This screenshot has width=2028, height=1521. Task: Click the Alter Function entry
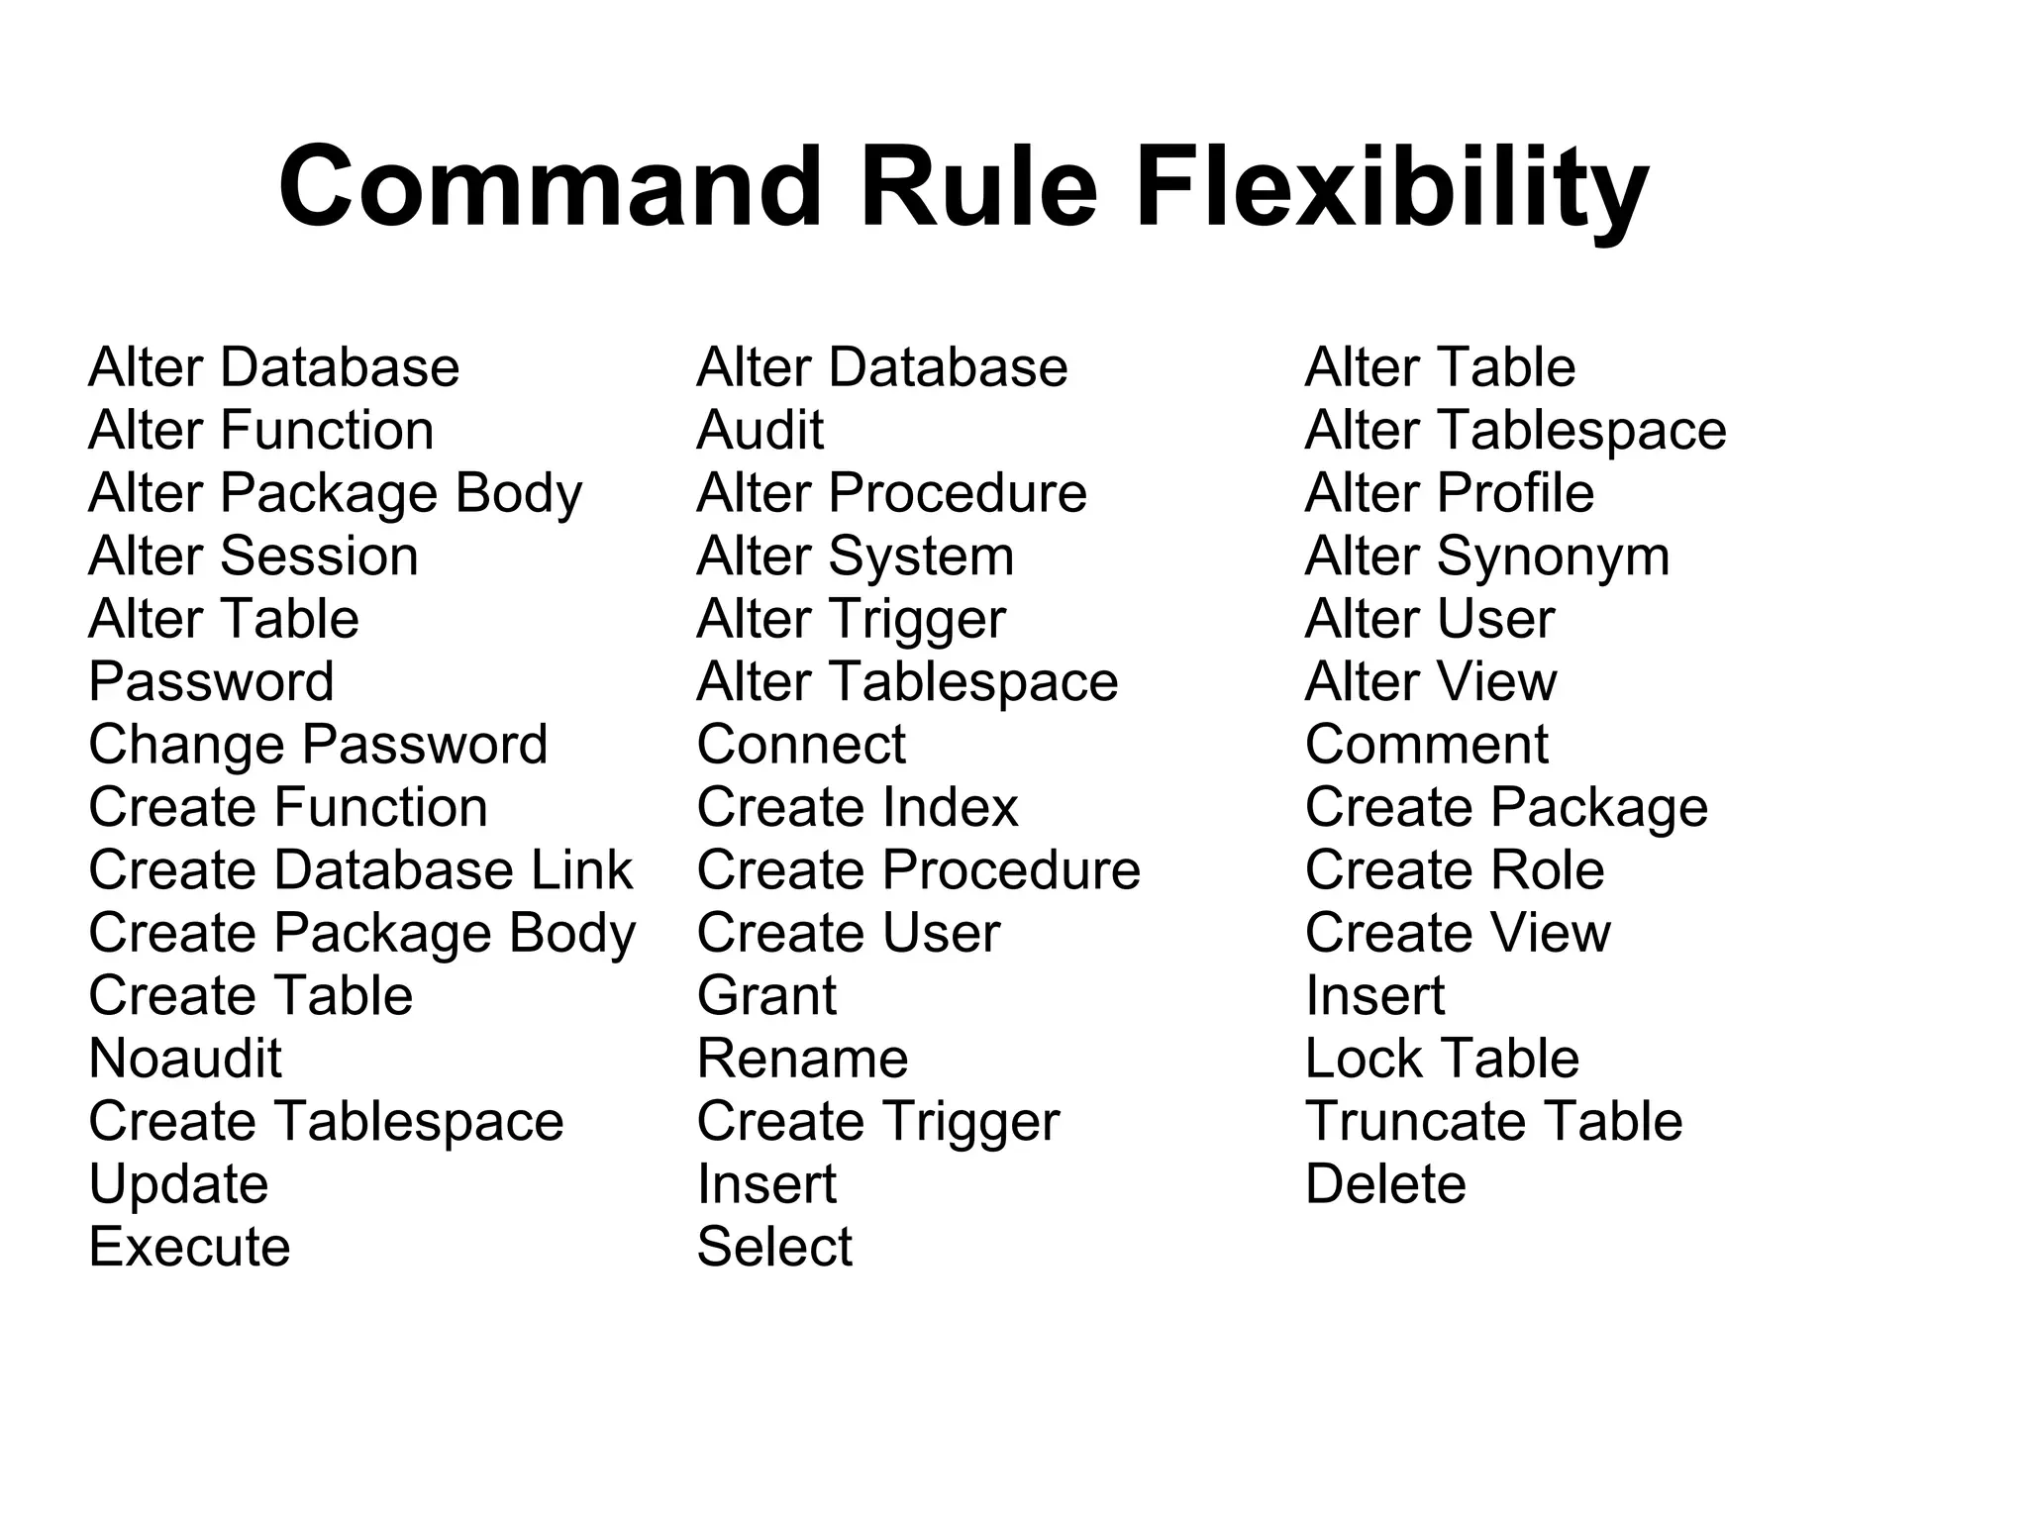[261, 431]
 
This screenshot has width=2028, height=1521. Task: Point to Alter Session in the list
[253, 557]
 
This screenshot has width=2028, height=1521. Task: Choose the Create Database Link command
[360, 870]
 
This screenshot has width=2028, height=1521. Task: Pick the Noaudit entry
[185, 1059]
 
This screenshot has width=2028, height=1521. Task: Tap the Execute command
[189, 1247]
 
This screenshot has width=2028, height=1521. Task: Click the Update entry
[178, 1184]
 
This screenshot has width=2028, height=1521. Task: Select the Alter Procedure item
[891, 493]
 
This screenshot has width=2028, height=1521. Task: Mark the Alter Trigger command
[852, 619]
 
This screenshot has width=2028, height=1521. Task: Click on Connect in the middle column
[801, 745]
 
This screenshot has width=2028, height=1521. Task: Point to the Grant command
[766, 996]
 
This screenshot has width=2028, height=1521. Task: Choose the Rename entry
[802, 1059]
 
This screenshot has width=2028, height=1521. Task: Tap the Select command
[774, 1247]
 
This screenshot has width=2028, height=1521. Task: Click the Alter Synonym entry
[1487, 557]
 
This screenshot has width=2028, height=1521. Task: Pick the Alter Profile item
[1450, 493]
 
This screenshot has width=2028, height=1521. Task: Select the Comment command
[1426, 745]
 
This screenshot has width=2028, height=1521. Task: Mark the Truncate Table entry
[1493, 1122]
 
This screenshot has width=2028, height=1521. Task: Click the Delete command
[1385, 1184]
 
